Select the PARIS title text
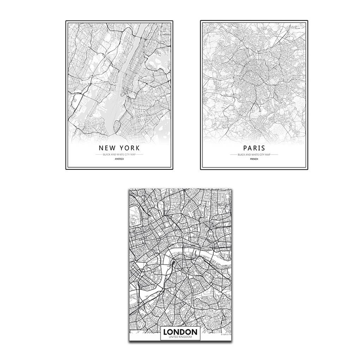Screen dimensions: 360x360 click(x=254, y=148)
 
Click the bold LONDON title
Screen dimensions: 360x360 click(x=180, y=332)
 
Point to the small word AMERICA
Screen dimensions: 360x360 click(x=119, y=160)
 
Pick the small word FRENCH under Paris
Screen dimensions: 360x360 click(x=254, y=160)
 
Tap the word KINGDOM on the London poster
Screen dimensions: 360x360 click(x=186, y=337)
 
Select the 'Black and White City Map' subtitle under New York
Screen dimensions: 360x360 click(x=119, y=155)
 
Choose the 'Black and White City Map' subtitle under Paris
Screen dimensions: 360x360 click(x=254, y=155)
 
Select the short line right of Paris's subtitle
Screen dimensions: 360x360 click(x=274, y=155)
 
